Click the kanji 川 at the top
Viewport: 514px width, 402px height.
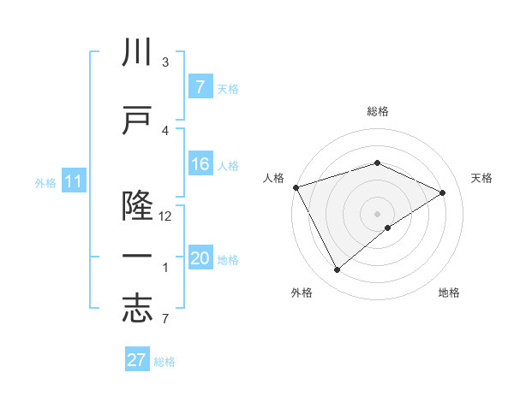pos(137,53)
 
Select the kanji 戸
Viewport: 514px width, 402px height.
pos(137,119)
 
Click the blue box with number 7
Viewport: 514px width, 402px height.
pos(200,87)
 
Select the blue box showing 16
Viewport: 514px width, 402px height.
pos(200,165)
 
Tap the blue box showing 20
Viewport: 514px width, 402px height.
pos(200,259)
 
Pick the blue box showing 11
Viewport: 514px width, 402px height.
pos(73,181)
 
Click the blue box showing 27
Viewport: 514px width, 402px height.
pos(137,360)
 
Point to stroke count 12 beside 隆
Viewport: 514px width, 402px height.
pos(165,216)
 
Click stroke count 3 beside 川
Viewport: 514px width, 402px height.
pos(165,62)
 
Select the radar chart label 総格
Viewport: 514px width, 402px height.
pos(377,111)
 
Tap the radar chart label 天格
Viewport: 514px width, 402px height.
pos(481,178)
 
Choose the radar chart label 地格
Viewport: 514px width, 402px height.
pos(449,293)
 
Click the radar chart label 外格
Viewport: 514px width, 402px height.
pos(302,293)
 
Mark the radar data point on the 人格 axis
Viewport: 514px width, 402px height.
pos(296,186)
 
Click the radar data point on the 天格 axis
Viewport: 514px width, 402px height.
pos(443,192)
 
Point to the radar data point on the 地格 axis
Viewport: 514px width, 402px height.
pos(388,228)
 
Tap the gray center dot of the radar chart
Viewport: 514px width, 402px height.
pos(377,213)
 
